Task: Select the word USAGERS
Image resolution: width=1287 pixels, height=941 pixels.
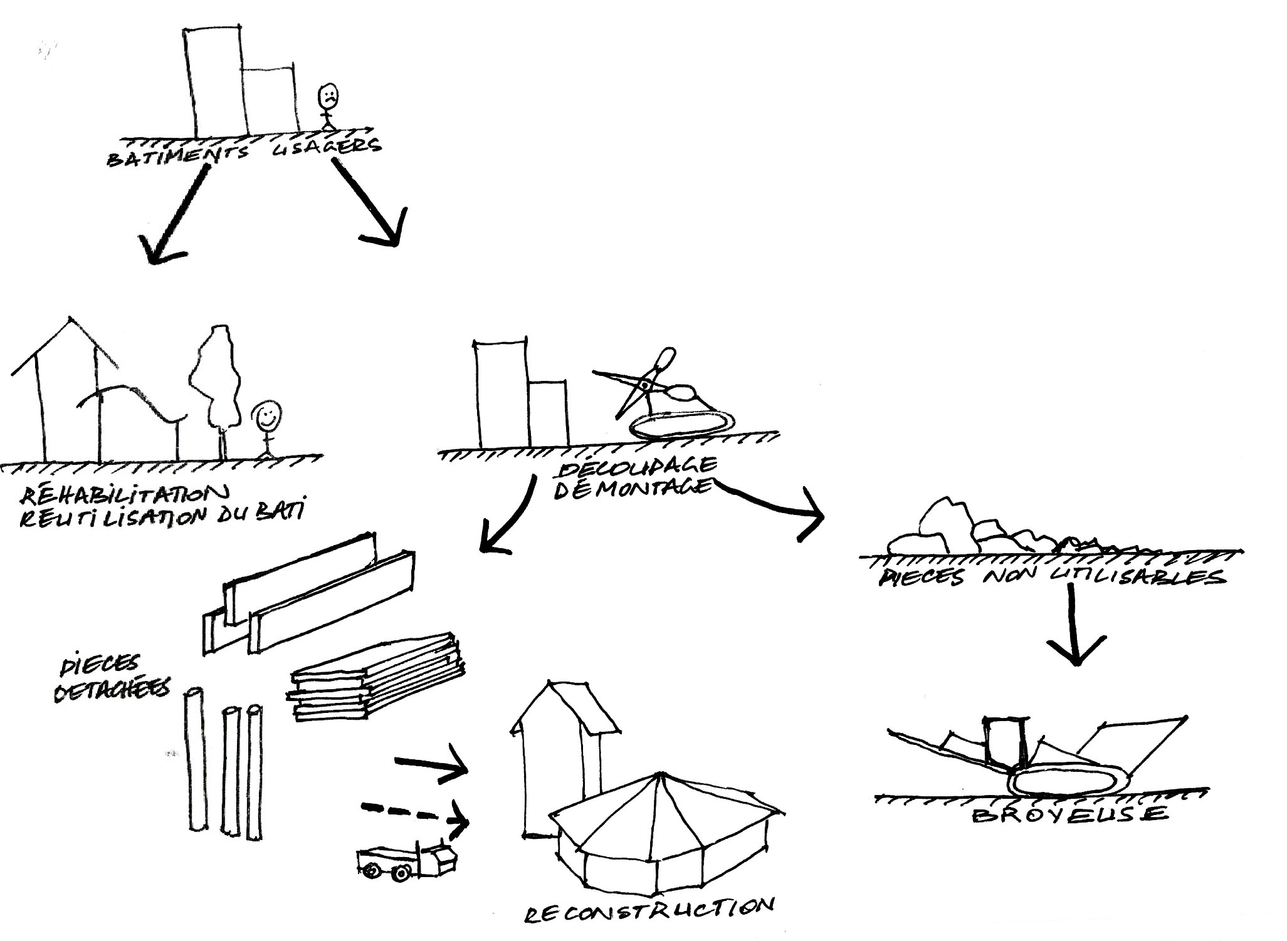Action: pos(327,148)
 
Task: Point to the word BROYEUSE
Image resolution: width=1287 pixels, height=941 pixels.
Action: pos(1069,814)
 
